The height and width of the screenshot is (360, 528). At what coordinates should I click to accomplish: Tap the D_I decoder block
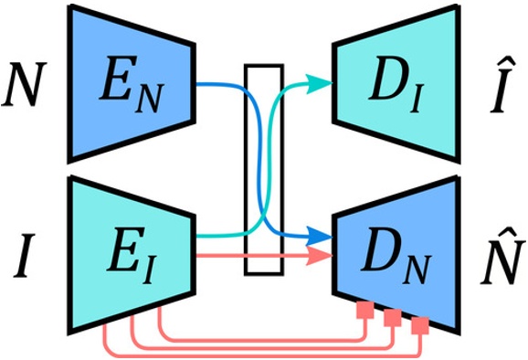point(395,88)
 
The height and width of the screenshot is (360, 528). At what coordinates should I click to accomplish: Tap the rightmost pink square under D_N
point(421,324)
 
